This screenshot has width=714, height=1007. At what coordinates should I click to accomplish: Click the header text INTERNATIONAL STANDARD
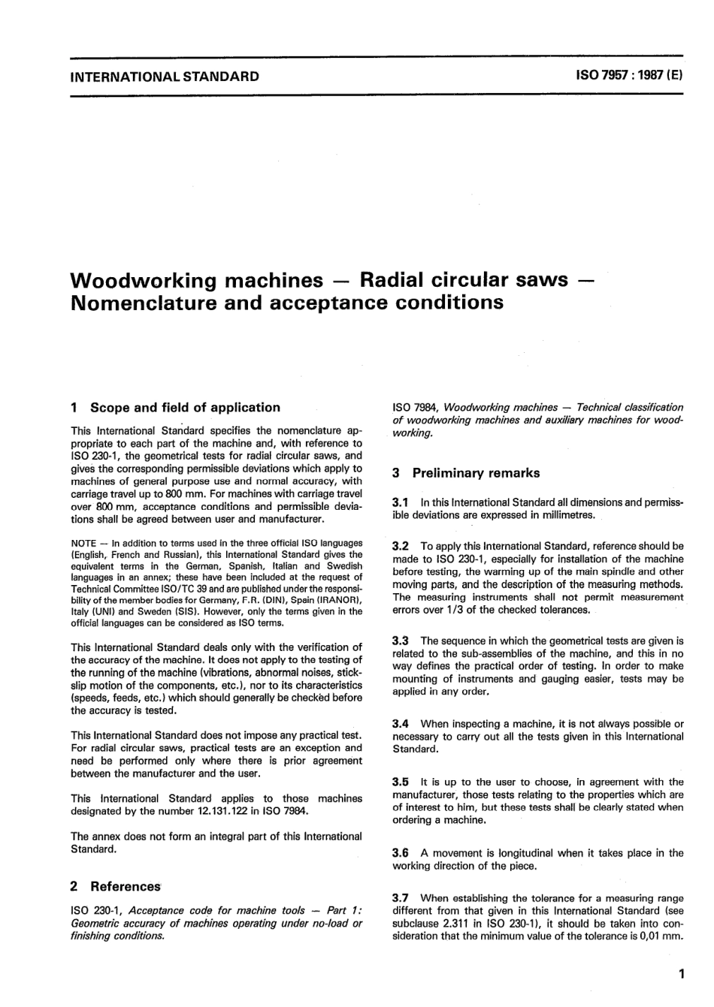click(164, 76)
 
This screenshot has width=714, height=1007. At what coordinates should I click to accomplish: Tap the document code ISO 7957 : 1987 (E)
click(628, 76)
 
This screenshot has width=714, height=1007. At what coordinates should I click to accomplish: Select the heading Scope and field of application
click(184, 408)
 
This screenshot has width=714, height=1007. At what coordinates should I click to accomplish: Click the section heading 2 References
click(116, 887)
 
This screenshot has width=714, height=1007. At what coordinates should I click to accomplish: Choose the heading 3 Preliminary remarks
click(466, 473)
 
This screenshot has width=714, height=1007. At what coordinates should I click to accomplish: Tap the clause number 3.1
click(401, 502)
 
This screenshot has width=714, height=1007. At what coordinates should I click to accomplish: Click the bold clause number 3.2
click(401, 546)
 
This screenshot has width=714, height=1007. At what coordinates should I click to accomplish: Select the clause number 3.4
click(401, 724)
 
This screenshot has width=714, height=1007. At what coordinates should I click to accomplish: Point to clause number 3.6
click(401, 853)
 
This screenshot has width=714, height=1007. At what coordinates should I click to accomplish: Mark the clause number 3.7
click(401, 898)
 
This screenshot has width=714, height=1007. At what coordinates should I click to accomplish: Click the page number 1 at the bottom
click(680, 975)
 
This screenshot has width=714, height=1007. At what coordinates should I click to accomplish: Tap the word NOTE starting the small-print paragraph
click(83, 543)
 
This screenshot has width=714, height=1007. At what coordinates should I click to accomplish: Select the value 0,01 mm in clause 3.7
click(659, 936)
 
